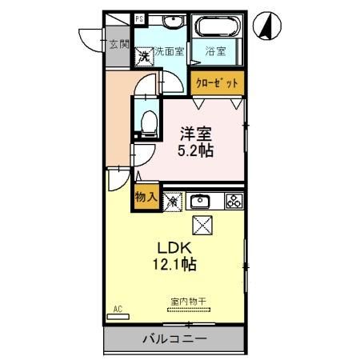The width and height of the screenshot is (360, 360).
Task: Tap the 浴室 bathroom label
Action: tap(216, 52)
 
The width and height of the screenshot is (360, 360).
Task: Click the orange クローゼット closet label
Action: tap(217, 82)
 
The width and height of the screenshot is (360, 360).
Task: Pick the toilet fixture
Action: tap(147, 121)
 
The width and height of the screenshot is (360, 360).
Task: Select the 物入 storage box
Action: tap(145, 197)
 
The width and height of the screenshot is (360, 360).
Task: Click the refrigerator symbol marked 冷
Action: tap(172, 202)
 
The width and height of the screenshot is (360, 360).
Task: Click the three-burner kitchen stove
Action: tap(234, 201)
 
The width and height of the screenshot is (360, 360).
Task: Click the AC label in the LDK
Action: tap(117, 308)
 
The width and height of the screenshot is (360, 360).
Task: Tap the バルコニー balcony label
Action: tap(174, 338)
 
